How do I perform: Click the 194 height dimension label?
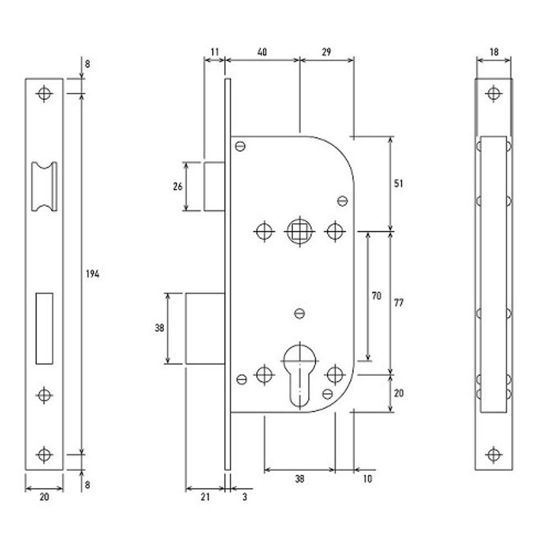pos(92,274)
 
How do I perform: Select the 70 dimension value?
pos(376,296)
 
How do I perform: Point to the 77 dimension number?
pos(399,303)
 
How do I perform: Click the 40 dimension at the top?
pos(262,52)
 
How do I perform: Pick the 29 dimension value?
pos(326,52)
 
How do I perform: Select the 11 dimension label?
pos(215,52)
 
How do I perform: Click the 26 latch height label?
pos(177,187)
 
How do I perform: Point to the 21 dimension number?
pos(205,497)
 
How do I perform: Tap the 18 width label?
pos(493,52)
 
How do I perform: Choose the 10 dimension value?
pos(368,479)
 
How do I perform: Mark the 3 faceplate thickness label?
pos(245,497)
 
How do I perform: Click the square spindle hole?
pos(299,231)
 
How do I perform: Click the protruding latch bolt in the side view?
pos(214,186)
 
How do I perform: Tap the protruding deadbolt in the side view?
pos(205,328)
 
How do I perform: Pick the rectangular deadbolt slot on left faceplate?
pos(44,328)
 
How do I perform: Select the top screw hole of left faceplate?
pos(44,93)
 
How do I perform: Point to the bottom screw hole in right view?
pos(493,455)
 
